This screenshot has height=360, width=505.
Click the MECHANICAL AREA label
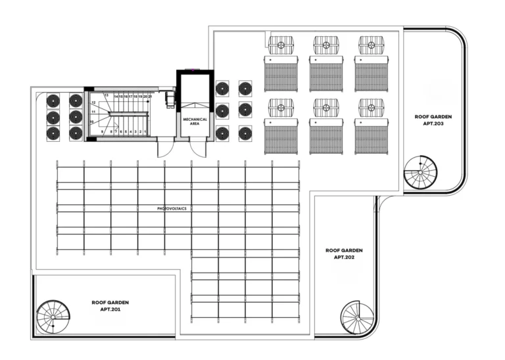coord(195,121)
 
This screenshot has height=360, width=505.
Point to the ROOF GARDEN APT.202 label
coord(344,254)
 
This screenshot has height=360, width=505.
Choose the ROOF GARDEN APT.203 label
coord(433,120)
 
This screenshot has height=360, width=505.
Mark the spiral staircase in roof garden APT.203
coord(420,172)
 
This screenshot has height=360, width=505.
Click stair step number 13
coord(106,96)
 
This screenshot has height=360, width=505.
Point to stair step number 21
coord(151,97)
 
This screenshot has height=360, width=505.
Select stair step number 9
coord(103,131)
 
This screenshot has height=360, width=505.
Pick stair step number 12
coord(94,103)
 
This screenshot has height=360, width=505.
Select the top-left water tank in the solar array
coord(281,45)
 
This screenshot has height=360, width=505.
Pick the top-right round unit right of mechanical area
coord(245,88)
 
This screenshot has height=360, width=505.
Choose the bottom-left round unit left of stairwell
coord(53,133)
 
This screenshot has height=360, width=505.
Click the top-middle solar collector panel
coord(325,74)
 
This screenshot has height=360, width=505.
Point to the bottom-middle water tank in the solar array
coord(325,107)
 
